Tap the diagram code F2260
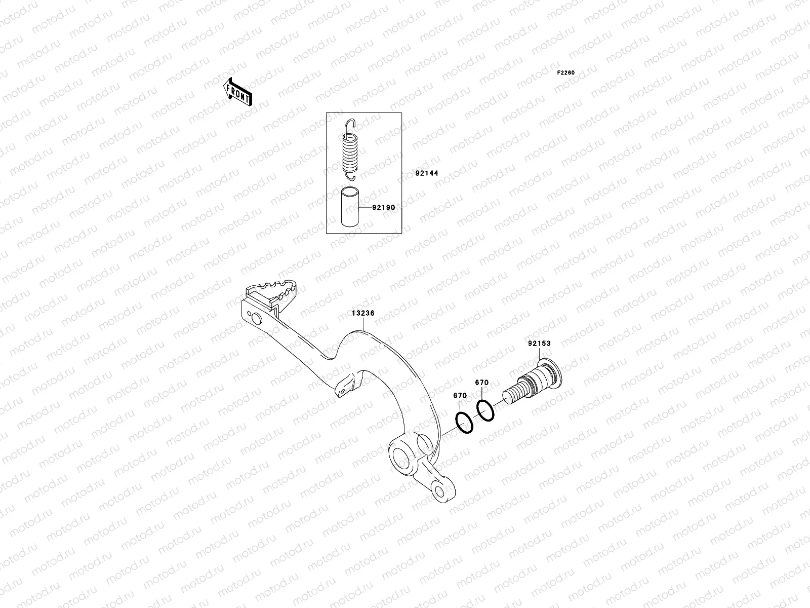[x=566, y=73]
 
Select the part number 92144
[x=426, y=173]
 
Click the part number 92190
[x=383, y=208]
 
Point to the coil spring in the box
[x=350, y=152]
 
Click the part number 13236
[x=363, y=314]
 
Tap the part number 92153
[x=539, y=344]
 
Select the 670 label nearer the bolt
[x=481, y=383]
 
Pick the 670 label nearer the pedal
[x=460, y=396]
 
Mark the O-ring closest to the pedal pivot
[x=464, y=423]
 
